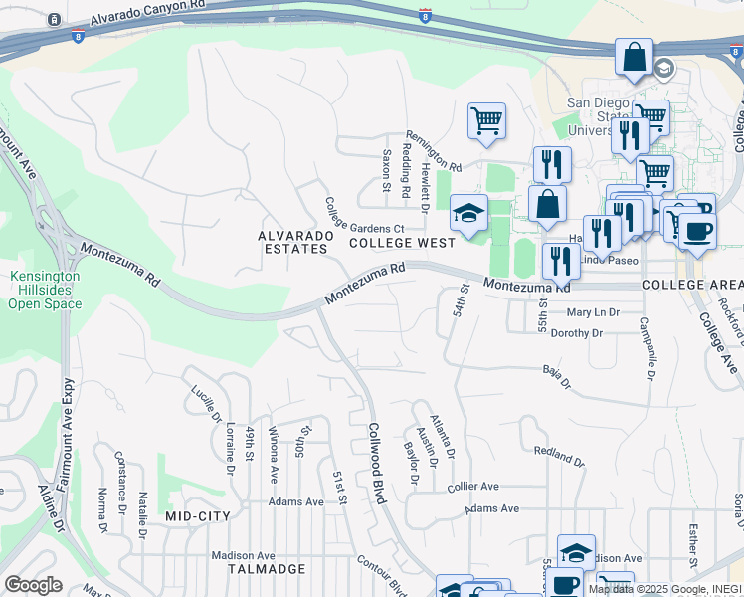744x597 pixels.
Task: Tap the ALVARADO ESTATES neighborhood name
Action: (x=292, y=242)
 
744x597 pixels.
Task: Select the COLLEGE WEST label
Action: (x=402, y=242)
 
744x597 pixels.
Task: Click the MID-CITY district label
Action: (x=197, y=516)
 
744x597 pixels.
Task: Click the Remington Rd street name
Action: (x=434, y=152)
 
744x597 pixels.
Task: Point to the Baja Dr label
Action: (x=557, y=377)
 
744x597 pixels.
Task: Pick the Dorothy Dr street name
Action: (x=577, y=333)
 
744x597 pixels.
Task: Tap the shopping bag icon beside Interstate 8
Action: (x=633, y=59)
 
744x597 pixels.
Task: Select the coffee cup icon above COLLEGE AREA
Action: (x=697, y=230)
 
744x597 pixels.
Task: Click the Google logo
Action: (x=34, y=585)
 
